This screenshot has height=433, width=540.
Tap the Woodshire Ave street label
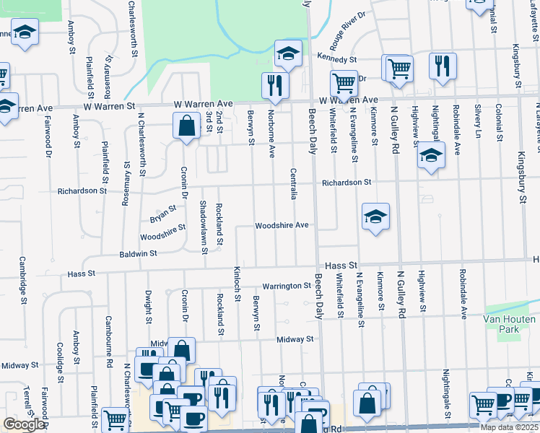pos(282,225)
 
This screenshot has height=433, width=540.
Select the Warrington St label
pos(286,287)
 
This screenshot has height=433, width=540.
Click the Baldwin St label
pos(139,254)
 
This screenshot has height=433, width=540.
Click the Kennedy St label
pos(337,58)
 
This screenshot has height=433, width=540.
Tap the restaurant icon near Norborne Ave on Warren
pos(274,85)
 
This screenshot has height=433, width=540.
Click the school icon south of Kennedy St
pos(287,53)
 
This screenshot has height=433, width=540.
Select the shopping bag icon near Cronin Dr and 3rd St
pos(186,126)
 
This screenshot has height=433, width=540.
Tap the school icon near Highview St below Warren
pos(431,156)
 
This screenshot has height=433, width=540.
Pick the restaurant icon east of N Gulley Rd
pos(442,66)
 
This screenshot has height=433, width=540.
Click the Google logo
pos(24,424)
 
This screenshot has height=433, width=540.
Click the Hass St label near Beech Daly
pos(341,266)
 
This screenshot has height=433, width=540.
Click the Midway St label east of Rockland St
pos(296,338)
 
